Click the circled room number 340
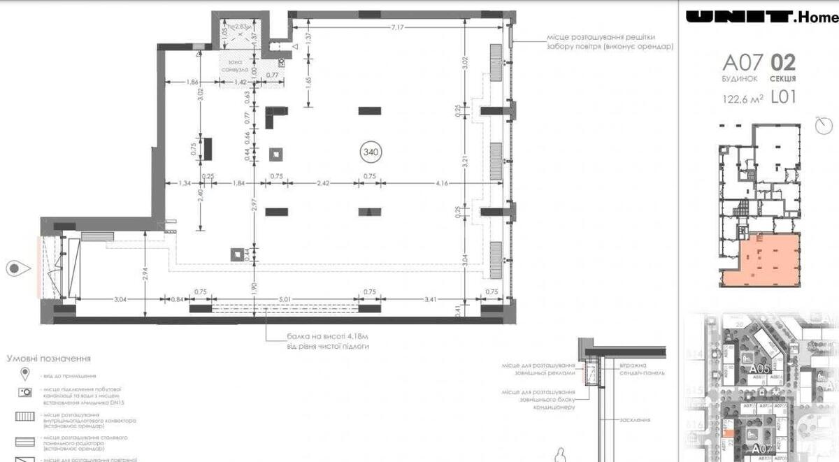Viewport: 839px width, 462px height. coord(371,150)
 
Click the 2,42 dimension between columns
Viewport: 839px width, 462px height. coord(322,183)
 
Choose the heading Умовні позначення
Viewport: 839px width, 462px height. coord(49,359)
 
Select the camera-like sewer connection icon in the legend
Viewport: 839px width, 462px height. coord(25,393)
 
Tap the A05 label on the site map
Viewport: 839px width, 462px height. coord(759,369)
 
